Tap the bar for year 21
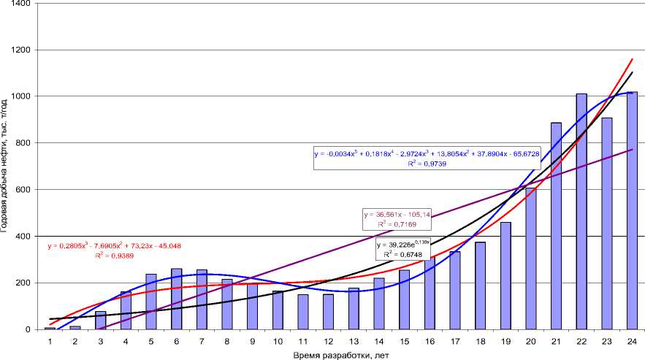[x=556, y=226]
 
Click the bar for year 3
[x=100, y=321]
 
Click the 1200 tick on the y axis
[x=29, y=50]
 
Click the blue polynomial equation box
[x=427, y=158]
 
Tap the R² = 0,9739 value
[x=427, y=164]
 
